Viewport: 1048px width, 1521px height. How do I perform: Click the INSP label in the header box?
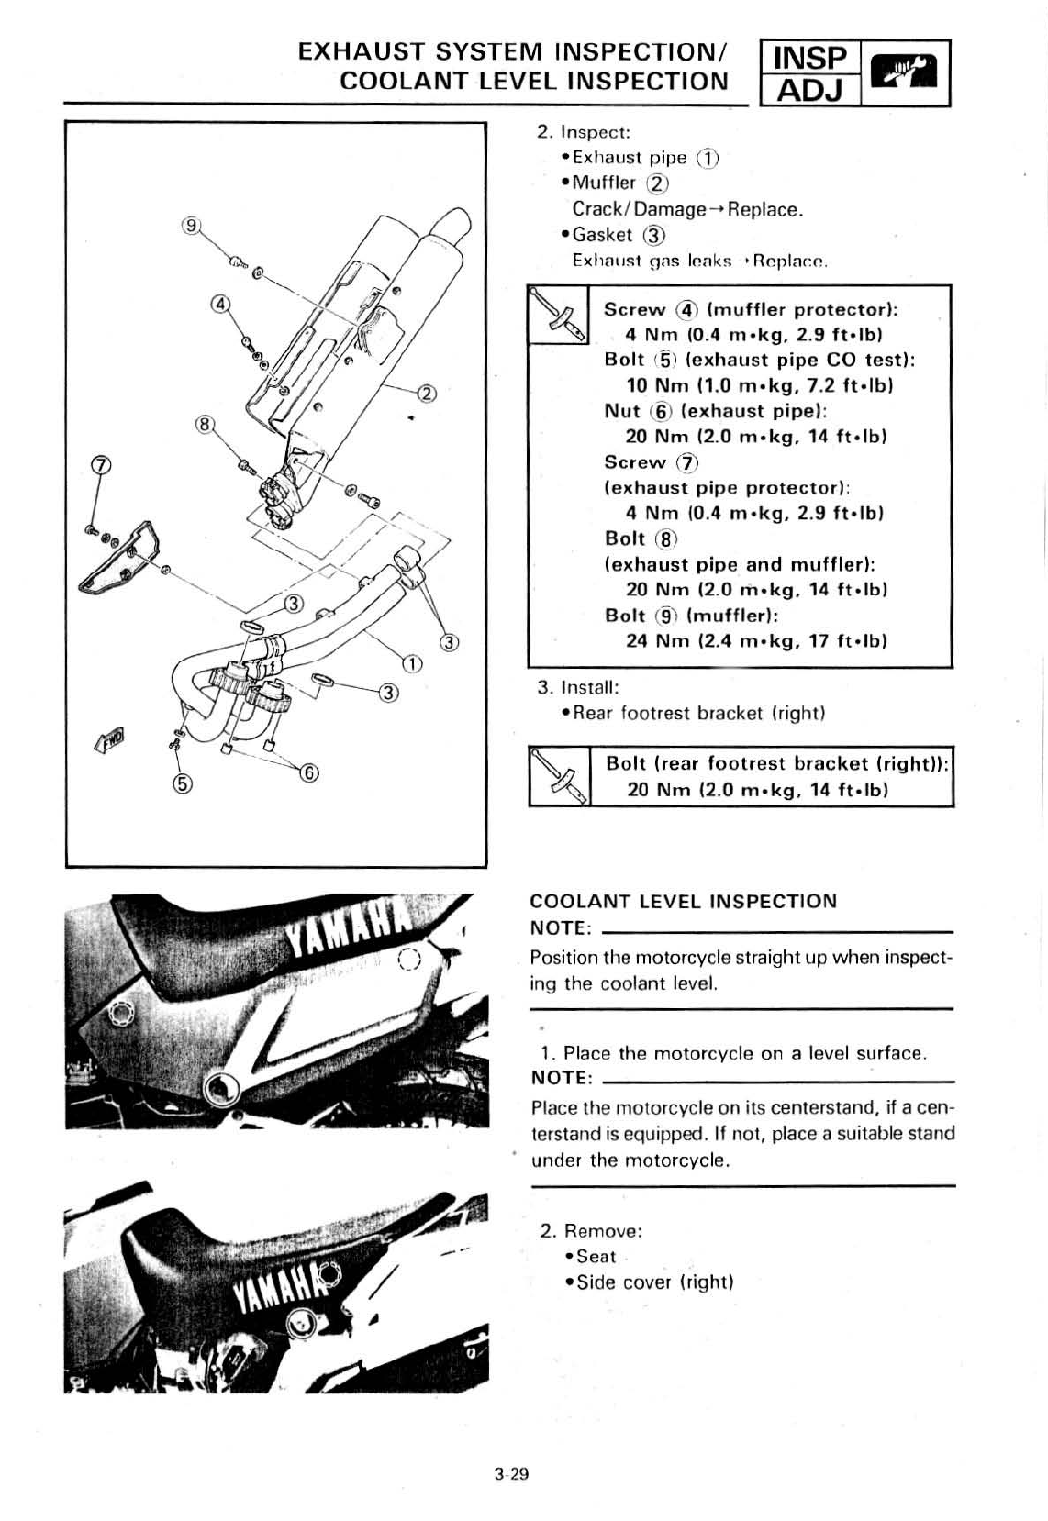[x=808, y=58]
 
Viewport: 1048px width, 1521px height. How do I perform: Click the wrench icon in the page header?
[x=905, y=73]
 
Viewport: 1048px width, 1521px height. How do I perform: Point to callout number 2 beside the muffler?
[x=427, y=394]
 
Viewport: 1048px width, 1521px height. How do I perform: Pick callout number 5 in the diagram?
[x=182, y=783]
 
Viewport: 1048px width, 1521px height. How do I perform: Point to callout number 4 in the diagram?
[x=220, y=304]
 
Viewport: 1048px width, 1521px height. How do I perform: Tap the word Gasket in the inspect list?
[x=602, y=235]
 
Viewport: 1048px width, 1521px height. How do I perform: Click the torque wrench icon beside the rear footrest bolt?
[x=559, y=777]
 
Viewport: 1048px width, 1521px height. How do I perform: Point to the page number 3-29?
[x=512, y=1475]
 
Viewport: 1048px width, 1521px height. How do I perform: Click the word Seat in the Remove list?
[x=596, y=1257]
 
